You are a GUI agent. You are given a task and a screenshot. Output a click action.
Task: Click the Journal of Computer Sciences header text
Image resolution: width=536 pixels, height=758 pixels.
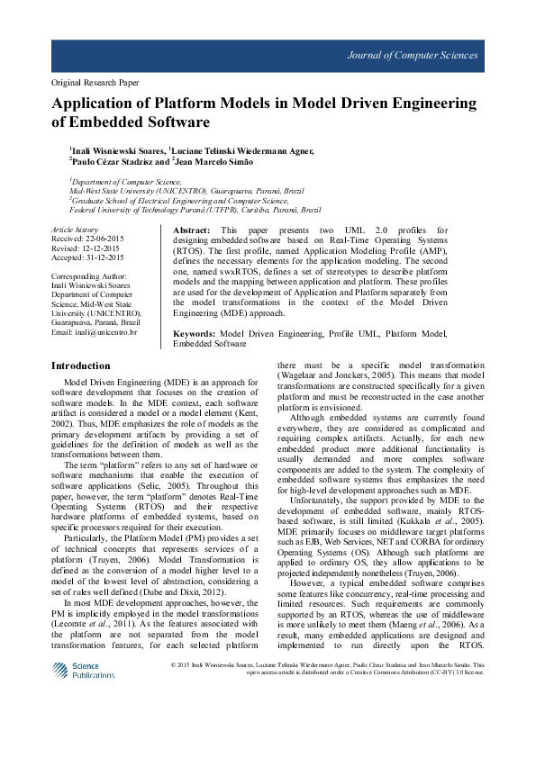pos(413,55)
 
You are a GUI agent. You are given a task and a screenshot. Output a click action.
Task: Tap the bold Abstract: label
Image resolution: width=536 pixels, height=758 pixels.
pos(191,231)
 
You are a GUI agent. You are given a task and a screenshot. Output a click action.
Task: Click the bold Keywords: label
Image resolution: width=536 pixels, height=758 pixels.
pos(195,333)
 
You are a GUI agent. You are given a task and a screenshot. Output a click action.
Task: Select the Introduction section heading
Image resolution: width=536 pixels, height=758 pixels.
pos(81,365)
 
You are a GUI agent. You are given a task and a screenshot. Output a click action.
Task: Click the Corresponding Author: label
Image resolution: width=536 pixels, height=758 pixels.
pos(90,275)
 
